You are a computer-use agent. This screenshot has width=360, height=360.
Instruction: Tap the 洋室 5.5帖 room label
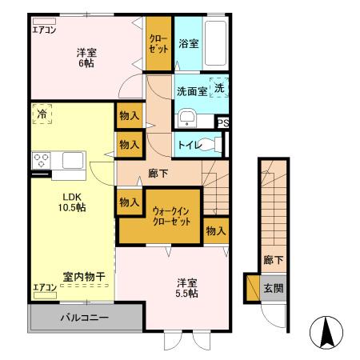point(187,287)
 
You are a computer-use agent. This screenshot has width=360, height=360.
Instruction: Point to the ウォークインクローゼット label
point(171,215)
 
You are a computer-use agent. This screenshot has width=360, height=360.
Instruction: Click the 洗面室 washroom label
point(192,91)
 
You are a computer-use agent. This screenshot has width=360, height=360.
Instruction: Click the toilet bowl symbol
point(211,145)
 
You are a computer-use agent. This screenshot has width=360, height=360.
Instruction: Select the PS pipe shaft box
point(223,123)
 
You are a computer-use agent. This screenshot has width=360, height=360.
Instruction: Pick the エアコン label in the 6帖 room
point(43,30)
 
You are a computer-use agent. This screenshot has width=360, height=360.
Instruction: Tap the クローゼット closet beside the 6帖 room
point(158,45)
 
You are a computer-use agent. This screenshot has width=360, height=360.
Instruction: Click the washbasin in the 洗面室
point(186,118)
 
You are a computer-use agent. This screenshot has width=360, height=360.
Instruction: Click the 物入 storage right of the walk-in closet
point(214,230)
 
